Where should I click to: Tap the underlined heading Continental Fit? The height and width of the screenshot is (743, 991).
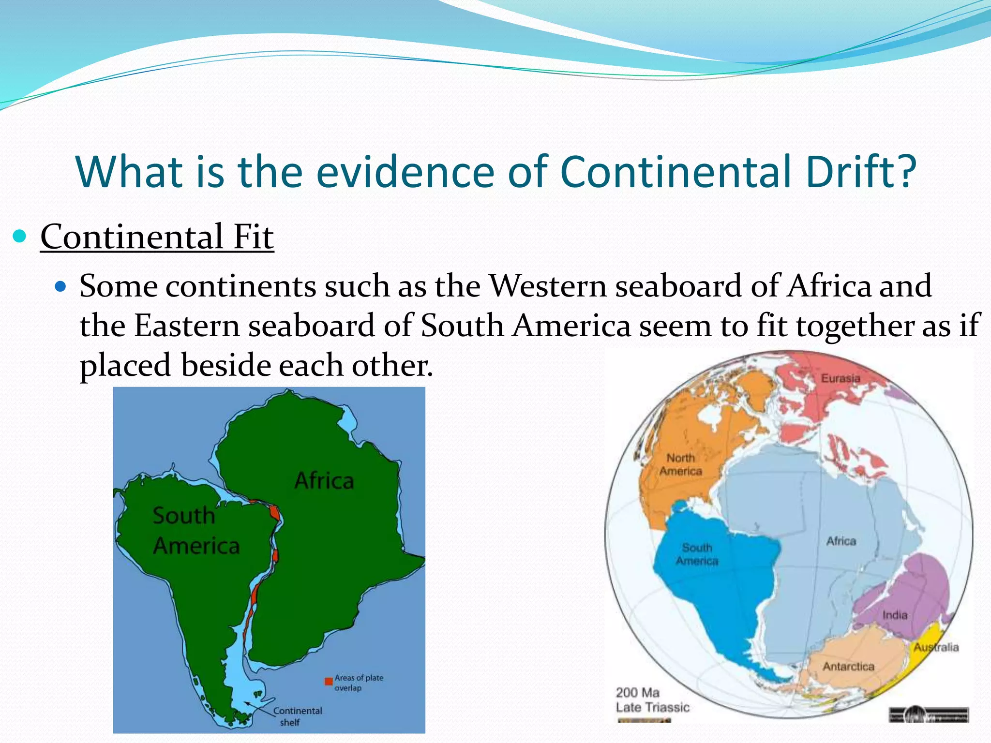pyautogui.click(x=157, y=237)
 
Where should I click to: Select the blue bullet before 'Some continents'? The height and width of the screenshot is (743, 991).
pyautogui.click(x=60, y=287)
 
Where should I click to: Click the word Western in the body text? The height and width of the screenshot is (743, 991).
pyautogui.click(x=548, y=286)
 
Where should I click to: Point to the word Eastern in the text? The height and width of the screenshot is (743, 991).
pyautogui.click(x=187, y=326)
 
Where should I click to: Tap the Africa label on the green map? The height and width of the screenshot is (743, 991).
pyautogui.click(x=324, y=481)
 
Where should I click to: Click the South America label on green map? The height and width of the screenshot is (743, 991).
pyautogui.click(x=195, y=531)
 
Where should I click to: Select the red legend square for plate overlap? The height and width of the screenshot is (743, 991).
pyautogui.click(x=329, y=681)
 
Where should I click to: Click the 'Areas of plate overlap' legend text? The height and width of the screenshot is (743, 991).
pyautogui.click(x=358, y=683)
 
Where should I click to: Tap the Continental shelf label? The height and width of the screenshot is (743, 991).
pyautogui.click(x=297, y=716)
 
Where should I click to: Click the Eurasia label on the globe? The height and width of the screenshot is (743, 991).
pyautogui.click(x=841, y=378)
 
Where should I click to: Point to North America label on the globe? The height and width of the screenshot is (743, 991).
pyautogui.click(x=681, y=464)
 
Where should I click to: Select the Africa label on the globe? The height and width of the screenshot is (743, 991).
pyautogui.click(x=841, y=541)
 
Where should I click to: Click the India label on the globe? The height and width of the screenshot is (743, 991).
pyautogui.click(x=895, y=615)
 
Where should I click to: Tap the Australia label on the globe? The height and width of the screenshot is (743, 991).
pyautogui.click(x=936, y=647)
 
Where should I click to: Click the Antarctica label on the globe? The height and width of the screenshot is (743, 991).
pyautogui.click(x=848, y=667)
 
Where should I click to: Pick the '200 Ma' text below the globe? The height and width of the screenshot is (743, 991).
pyautogui.click(x=637, y=692)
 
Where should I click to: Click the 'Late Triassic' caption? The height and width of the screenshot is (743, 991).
pyautogui.click(x=652, y=707)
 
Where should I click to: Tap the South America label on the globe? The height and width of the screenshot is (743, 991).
pyautogui.click(x=697, y=554)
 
